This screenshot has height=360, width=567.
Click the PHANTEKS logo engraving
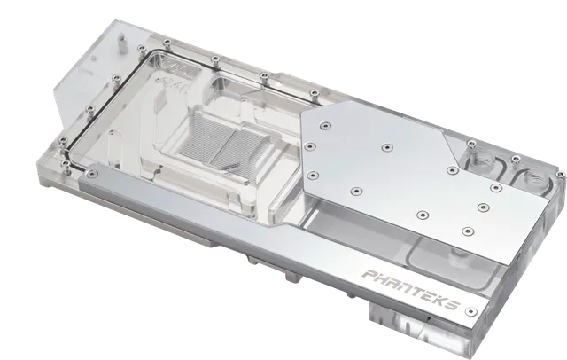point(411,290)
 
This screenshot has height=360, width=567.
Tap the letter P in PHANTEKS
point(369,275)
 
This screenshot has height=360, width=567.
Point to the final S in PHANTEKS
point(453,305)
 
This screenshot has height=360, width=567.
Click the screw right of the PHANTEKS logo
point(470,311)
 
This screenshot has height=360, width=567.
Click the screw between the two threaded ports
point(516,159)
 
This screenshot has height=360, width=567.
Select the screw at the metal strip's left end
point(90,174)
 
